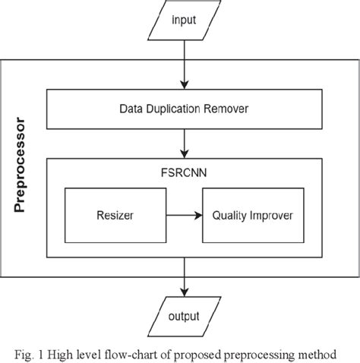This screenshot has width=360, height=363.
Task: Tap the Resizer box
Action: point(114,216)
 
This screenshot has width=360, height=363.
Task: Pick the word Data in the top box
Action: point(132,109)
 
